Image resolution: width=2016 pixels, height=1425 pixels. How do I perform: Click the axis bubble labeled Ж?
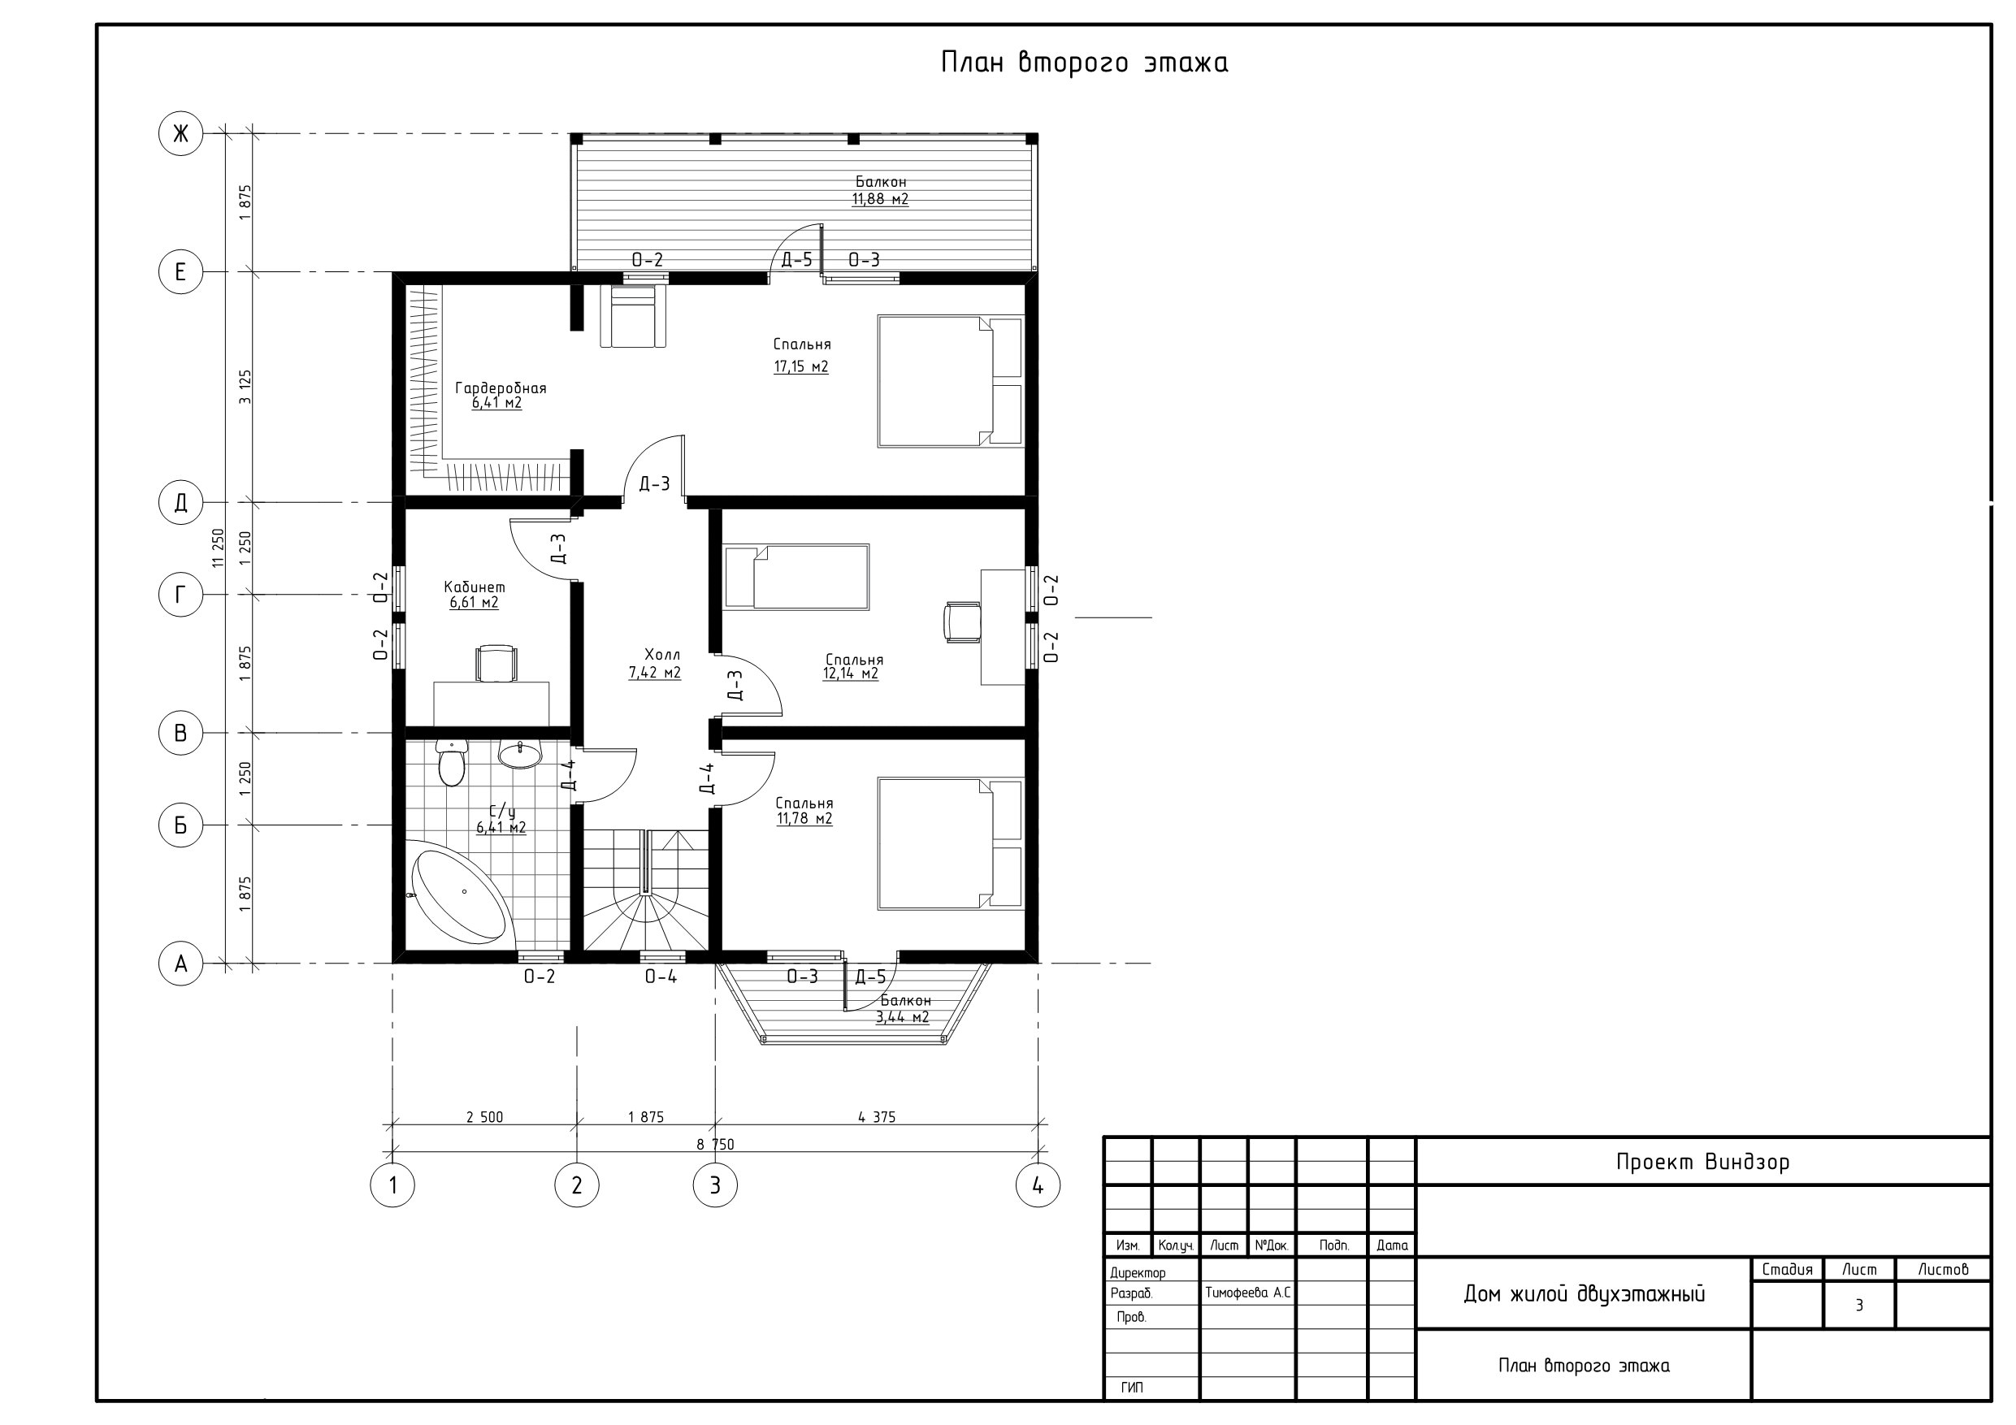tap(180, 133)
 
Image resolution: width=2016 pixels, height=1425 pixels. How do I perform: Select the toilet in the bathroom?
tap(451, 762)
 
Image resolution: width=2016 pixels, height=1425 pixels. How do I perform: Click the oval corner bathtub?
tap(459, 894)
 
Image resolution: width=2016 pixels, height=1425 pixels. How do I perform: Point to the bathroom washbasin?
tap(521, 753)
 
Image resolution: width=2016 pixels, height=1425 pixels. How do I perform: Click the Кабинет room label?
tap(475, 587)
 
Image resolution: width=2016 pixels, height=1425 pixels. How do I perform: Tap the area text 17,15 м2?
tap(800, 366)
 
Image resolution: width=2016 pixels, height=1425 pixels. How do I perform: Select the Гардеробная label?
tap(501, 388)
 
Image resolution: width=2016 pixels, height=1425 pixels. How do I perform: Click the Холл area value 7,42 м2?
tap(654, 673)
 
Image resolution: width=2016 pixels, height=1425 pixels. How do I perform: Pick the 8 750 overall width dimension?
tap(716, 1144)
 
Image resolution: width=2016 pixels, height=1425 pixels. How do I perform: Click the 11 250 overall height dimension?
tap(219, 548)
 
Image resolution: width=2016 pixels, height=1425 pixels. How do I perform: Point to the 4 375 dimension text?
tap(876, 1117)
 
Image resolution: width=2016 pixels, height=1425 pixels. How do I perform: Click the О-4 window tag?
tap(661, 977)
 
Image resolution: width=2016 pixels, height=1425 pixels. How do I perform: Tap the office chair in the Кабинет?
tap(496, 663)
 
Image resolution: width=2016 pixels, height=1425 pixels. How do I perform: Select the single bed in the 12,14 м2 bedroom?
tap(796, 576)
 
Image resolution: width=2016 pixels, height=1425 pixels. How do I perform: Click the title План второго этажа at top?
tap(1085, 63)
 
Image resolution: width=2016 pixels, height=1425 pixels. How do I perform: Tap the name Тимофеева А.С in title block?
tap(1247, 1293)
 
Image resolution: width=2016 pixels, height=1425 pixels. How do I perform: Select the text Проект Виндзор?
tap(1702, 1162)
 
